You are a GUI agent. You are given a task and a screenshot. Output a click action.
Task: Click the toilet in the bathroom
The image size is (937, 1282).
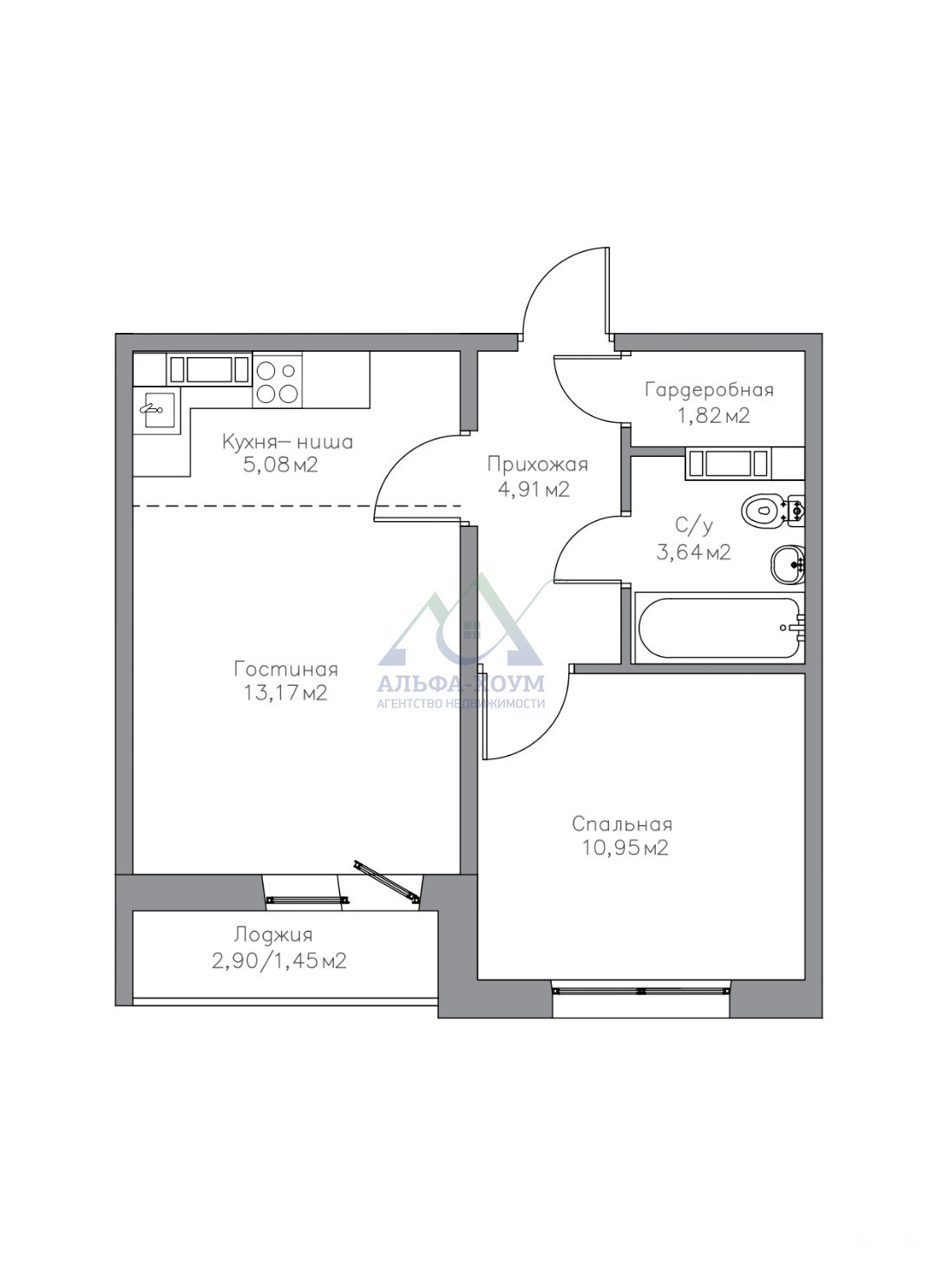[x=773, y=509]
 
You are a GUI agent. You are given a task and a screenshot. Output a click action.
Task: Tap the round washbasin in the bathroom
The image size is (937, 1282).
[x=788, y=564]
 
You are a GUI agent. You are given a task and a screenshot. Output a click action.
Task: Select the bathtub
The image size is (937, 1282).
[x=720, y=628]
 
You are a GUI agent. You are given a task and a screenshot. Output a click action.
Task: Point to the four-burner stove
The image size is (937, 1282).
[x=278, y=383]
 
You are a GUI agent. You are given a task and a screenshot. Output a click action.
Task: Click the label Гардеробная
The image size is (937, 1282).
[x=709, y=390]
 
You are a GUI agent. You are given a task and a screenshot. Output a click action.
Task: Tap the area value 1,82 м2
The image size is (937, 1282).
[x=714, y=416]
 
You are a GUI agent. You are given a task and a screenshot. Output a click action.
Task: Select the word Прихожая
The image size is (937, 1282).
[x=538, y=465]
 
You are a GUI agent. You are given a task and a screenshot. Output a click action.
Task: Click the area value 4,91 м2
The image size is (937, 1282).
[x=534, y=490]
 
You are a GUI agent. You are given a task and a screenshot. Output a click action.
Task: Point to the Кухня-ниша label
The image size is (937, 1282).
[x=287, y=442]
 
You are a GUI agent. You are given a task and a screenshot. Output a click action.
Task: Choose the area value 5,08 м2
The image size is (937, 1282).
[x=280, y=465]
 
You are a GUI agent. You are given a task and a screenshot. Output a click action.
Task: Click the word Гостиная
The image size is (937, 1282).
[x=285, y=669]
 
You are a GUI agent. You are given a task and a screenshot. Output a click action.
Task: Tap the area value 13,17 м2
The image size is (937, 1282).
[x=285, y=693]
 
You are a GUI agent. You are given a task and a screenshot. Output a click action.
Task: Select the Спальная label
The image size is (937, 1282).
[x=622, y=824]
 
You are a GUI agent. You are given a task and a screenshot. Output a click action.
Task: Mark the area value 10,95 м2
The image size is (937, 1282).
[x=626, y=849]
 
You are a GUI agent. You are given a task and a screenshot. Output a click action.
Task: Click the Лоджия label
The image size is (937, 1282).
[x=274, y=935]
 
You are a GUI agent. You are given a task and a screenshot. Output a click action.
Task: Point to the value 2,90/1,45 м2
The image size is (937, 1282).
[x=279, y=961]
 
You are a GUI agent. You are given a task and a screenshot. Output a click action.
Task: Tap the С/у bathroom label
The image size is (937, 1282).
[x=694, y=525]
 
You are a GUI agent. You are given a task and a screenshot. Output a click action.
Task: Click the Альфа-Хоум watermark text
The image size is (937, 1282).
[x=461, y=684]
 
